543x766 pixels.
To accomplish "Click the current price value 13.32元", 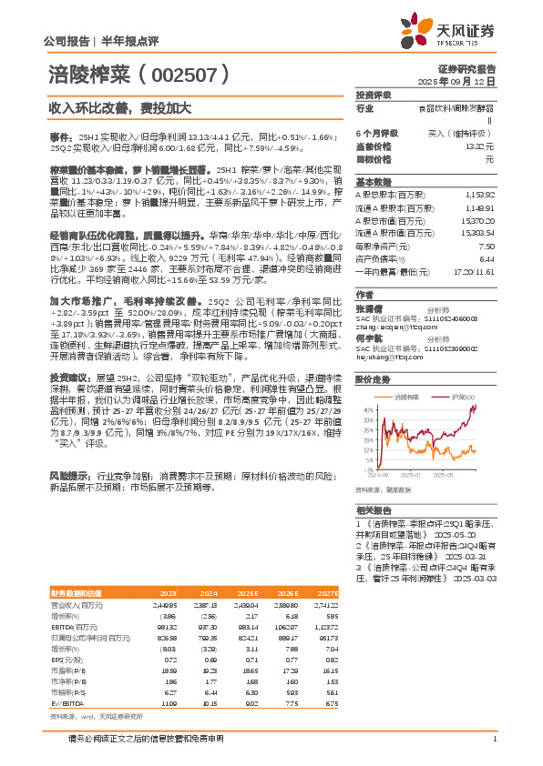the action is tap(480, 145).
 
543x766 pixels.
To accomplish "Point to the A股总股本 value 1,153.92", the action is tap(479, 196).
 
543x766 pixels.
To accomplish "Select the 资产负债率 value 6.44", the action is tap(487, 258).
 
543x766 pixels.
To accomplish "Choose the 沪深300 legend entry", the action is tap(464, 397).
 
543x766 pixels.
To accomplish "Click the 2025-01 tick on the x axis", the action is tap(411, 475).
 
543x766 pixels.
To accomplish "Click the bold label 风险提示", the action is tap(69, 476).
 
